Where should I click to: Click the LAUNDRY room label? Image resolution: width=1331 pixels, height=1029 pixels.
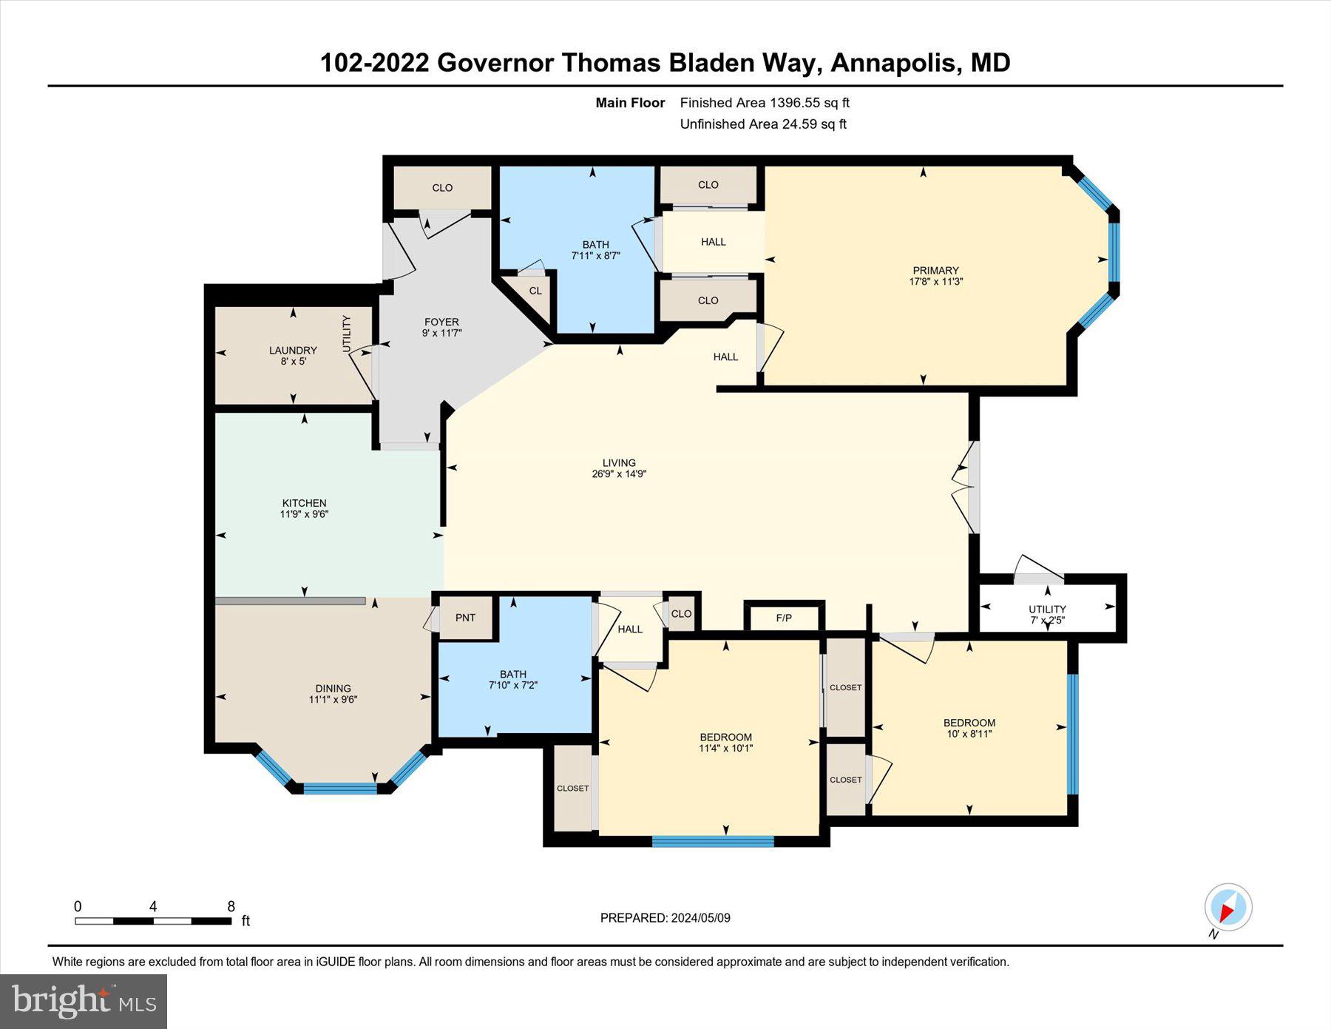(x=293, y=351)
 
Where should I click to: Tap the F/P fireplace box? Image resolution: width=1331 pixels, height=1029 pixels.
(x=784, y=618)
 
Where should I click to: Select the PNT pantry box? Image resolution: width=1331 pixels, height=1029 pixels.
(x=465, y=618)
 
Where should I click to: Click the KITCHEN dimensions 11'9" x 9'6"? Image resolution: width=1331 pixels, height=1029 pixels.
(x=304, y=514)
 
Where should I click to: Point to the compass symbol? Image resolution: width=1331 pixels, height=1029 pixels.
(x=1227, y=908)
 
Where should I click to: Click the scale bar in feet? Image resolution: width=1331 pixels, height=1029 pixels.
(x=153, y=921)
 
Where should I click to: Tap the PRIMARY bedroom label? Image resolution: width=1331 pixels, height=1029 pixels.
(x=935, y=271)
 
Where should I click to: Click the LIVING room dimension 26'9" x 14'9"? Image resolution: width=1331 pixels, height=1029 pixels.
(x=619, y=474)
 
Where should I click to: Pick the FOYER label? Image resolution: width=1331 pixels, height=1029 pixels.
(x=441, y=322)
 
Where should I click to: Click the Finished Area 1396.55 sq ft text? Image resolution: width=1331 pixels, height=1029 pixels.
(x=765, y=103)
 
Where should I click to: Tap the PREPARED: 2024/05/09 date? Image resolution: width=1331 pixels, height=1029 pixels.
(x=665, y=918)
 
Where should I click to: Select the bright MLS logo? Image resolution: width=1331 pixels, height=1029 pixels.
(x=84, y=1002)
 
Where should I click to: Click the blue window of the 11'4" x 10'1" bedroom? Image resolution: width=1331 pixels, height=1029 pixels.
(x=713, y=841)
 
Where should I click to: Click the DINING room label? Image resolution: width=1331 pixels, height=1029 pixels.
(x=333, y=688)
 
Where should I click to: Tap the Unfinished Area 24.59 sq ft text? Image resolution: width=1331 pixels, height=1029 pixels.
(x=763, y=124)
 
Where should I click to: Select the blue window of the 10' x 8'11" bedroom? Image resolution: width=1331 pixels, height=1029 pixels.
(x=1072, y=733)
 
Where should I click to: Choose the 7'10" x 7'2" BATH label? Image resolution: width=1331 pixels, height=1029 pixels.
(x=512, y=674)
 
